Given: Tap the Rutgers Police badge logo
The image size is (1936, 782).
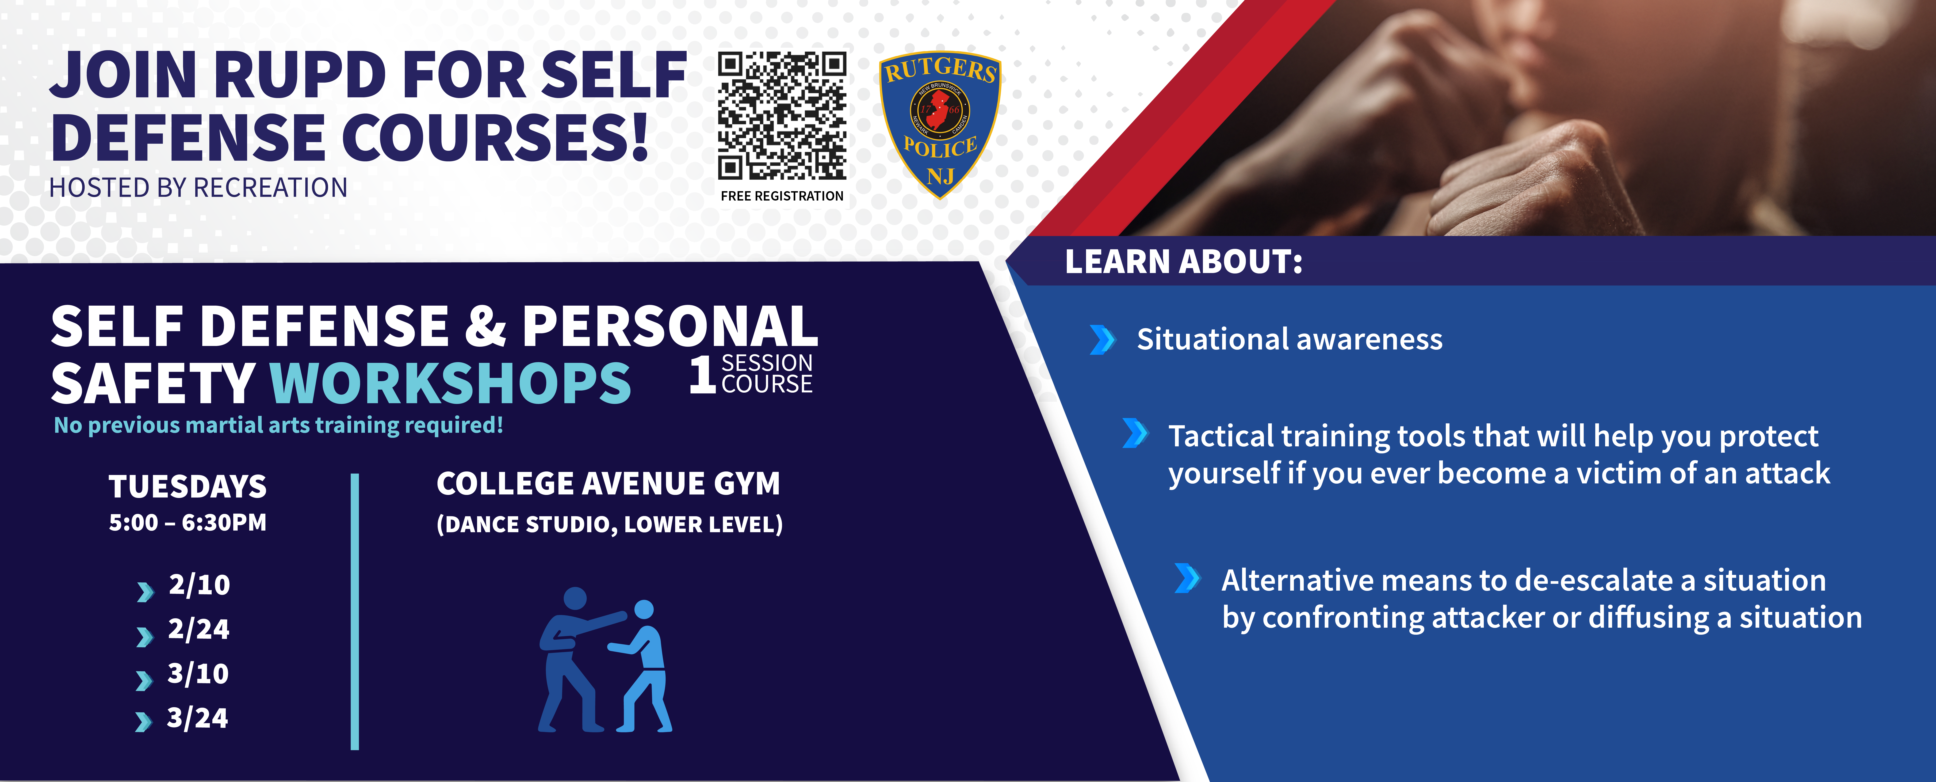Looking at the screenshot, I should [x=939, y=124].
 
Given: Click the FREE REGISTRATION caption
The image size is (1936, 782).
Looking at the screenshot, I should [x=782, y=196].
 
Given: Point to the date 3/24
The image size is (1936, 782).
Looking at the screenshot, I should [x=197, y=717].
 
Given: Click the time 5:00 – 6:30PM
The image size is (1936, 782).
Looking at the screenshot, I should [x=188, y=523].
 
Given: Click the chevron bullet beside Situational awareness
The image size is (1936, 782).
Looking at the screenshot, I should [x=1102, y=340].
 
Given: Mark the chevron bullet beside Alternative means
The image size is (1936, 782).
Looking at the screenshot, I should [x=1187, y=578].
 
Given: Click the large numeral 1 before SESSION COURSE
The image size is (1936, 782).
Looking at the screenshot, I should [x=702, y=374].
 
